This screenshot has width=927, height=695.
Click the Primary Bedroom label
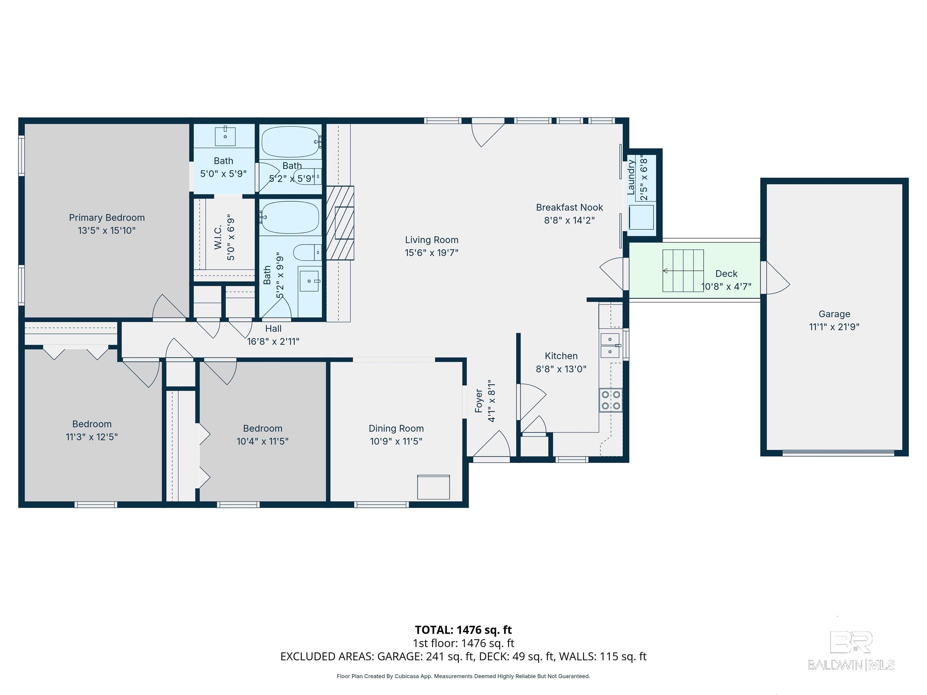pos(107,217)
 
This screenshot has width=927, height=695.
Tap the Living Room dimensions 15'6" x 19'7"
pos(431,252)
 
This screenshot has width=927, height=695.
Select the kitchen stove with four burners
pos(610,400)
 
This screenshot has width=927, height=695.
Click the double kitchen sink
pos(610,345)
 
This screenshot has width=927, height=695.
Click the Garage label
pos(834,314)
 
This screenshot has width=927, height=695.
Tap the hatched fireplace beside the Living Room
pos(340,223)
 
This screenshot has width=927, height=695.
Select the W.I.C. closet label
pos(218,238)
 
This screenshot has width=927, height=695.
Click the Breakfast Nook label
pos(569,207)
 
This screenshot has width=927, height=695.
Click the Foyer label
pos(479,401)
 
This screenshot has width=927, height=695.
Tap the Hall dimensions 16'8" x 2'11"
pos(273,341)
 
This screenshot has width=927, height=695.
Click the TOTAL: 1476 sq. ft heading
pos(463,630)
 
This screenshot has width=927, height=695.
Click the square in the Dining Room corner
pos(433,487)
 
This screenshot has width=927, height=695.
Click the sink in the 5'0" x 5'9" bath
pos(225,135)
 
